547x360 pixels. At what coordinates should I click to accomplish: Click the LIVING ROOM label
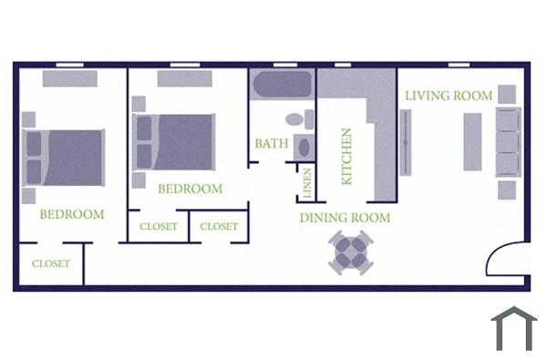click(449, 96)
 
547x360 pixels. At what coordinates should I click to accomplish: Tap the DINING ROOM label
click(346, 218)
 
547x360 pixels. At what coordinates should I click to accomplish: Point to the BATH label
click(272, 144)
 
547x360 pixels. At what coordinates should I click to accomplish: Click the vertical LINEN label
click(307, 183)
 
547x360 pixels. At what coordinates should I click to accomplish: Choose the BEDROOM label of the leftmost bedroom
click(71, 215)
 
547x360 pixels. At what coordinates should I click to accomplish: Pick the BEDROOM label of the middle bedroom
click(190, 190)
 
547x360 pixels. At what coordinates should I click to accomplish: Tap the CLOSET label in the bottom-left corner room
click(51, 264)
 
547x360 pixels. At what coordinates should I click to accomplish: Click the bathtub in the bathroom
click(282, 86)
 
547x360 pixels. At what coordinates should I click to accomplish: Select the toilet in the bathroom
click(295, 118)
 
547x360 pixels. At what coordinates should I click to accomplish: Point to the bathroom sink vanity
click(304, 147)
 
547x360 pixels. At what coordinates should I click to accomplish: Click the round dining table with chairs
click(351, 252)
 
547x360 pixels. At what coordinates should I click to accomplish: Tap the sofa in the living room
click(506, 141)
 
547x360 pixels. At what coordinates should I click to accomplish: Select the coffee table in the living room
click(472, 141)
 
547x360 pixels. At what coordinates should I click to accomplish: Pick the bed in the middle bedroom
click(177, 142)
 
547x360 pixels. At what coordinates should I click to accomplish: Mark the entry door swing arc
click(505, 258)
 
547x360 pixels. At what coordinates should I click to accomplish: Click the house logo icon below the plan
click(513, 328)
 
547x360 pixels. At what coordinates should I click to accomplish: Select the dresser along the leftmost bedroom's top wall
click(69, 79)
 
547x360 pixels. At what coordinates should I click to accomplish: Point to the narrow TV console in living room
click(405, 142)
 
